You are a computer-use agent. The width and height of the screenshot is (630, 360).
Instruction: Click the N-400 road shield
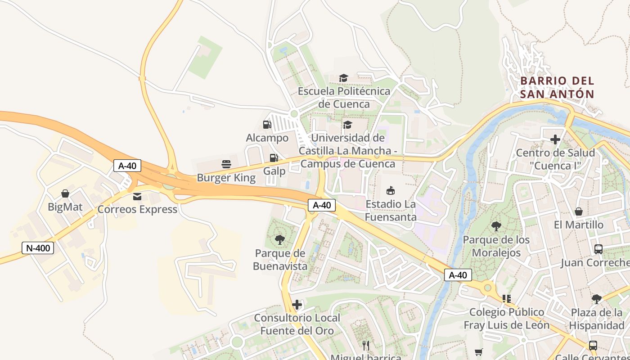tap(38, 247)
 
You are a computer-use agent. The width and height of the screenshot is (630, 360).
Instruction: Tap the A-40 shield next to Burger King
tap(127, 166)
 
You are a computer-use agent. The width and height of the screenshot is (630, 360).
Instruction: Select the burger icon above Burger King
tap(226, 164)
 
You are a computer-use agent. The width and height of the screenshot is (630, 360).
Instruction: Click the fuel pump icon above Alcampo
tap(267, 125)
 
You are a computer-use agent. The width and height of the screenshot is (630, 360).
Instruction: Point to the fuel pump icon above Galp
tap(274, 158)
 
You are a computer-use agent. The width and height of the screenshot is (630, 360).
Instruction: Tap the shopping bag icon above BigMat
tap(65, 193)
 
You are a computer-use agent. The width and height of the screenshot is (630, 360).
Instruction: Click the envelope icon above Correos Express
tap(137, 196)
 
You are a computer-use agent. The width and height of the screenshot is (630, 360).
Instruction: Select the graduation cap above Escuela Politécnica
tap(344, 78)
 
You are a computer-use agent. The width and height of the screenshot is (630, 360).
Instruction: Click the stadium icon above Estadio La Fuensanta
tap(391, 191)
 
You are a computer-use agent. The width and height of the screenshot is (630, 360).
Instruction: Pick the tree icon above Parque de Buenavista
tap(280, 239)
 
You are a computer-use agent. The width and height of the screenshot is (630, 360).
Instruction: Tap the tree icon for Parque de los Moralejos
tap(496, 226)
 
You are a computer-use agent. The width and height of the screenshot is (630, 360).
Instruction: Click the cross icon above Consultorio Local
tap(297, 305)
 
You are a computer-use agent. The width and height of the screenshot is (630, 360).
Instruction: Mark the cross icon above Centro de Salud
tap(555, 139)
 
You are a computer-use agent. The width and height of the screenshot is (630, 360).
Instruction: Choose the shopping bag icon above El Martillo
tap(579, 211)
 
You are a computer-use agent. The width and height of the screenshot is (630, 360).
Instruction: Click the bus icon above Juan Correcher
tap(598, 249)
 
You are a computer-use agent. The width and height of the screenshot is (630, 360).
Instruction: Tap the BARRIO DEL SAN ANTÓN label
tap(557, 88)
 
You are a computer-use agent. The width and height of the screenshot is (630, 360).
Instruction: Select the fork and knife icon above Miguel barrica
tap(366, 345)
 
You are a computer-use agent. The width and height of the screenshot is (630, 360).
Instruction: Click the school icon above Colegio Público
tap(507, 298)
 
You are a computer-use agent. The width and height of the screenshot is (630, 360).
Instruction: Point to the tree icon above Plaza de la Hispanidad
tap(597, 299)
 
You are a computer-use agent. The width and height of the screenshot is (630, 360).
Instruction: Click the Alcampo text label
tap(267, 138)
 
